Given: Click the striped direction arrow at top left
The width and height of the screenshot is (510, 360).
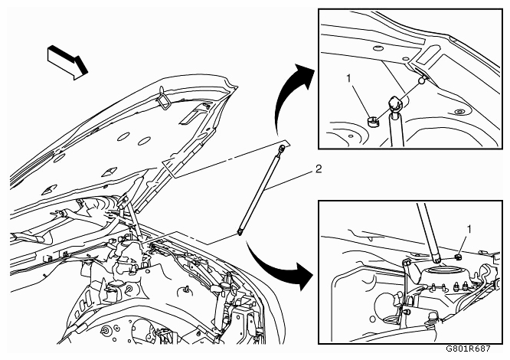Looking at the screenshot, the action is tap(67, 62).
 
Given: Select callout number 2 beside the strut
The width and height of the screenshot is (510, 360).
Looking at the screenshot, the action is tap(319, 169).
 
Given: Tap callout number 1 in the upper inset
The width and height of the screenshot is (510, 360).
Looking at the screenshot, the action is tap(348, 79).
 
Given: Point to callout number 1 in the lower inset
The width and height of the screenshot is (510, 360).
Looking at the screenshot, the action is tap(469, 230).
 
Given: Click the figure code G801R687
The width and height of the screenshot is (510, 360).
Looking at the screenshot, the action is tap(468, 349).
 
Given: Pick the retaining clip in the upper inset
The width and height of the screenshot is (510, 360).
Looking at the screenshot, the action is tap(374, 122).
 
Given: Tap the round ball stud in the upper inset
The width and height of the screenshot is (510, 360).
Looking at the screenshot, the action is tap(422, 80).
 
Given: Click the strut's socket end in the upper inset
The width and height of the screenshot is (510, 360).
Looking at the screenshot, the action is tap(394, 103).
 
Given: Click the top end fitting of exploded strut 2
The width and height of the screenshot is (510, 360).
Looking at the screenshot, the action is tap(281, 148).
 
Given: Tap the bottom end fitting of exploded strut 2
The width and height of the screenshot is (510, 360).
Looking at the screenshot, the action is tap(240, 232).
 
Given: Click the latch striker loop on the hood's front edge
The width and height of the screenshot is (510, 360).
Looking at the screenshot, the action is tap(163, 98).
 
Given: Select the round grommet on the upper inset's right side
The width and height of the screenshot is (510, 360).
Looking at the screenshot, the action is tap(459, 112).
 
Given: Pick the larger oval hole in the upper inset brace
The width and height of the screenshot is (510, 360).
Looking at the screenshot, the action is tap(378, 49).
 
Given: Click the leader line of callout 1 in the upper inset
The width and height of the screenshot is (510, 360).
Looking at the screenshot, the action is tap(360, 99).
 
